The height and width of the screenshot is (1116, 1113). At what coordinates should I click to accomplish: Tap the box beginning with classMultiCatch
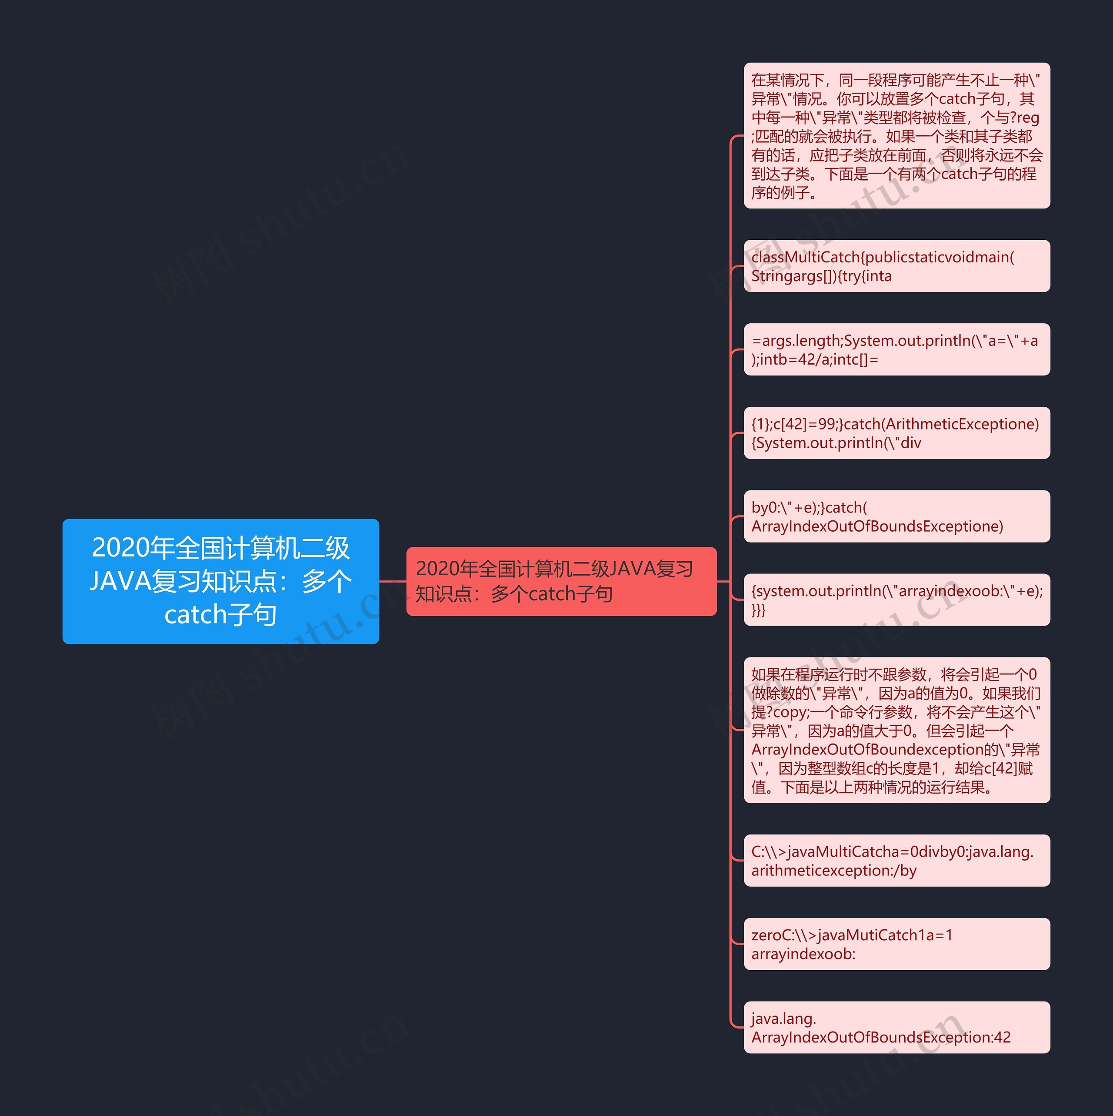896,266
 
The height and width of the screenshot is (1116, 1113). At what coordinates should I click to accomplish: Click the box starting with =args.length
896,349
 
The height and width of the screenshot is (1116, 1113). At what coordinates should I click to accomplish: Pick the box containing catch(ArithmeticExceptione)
896,432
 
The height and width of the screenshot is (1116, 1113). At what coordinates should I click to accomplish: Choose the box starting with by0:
896,516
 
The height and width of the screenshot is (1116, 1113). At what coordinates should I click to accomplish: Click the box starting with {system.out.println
896,600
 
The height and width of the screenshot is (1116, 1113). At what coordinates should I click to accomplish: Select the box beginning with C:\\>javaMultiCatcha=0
896,860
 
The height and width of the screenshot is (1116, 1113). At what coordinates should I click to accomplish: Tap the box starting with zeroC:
896,944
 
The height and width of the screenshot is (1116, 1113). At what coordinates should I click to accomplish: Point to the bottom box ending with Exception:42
896,1027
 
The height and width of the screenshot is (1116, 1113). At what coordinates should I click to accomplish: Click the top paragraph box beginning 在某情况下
896,136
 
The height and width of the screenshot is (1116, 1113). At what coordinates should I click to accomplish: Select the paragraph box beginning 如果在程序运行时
896,730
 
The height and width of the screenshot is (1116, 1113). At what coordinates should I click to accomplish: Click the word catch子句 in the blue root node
220,614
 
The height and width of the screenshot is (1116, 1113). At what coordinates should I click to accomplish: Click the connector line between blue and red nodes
393,581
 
